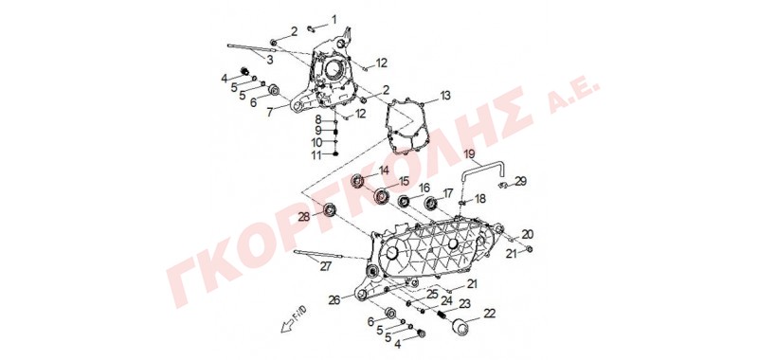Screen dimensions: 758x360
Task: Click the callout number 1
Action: coord(334,20)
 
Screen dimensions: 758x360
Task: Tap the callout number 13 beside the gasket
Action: coord(444,95)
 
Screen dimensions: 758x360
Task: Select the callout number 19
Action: coord(470,154)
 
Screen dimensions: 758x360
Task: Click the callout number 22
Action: coord(489,314)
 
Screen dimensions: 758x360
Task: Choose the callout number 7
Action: coord(270,112)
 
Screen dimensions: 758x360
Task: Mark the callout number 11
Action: coord(316,155)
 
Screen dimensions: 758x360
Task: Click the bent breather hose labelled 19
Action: coord(484,172)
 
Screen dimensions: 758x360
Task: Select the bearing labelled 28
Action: coord(330,209)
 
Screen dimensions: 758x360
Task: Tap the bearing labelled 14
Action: coord(359,180)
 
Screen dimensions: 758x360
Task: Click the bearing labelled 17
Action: coord(431,204)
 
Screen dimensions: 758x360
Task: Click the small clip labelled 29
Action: coord(503,185)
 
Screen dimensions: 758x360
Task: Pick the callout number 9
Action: coord(317,131)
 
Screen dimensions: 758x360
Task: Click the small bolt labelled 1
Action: coord(312,29)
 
